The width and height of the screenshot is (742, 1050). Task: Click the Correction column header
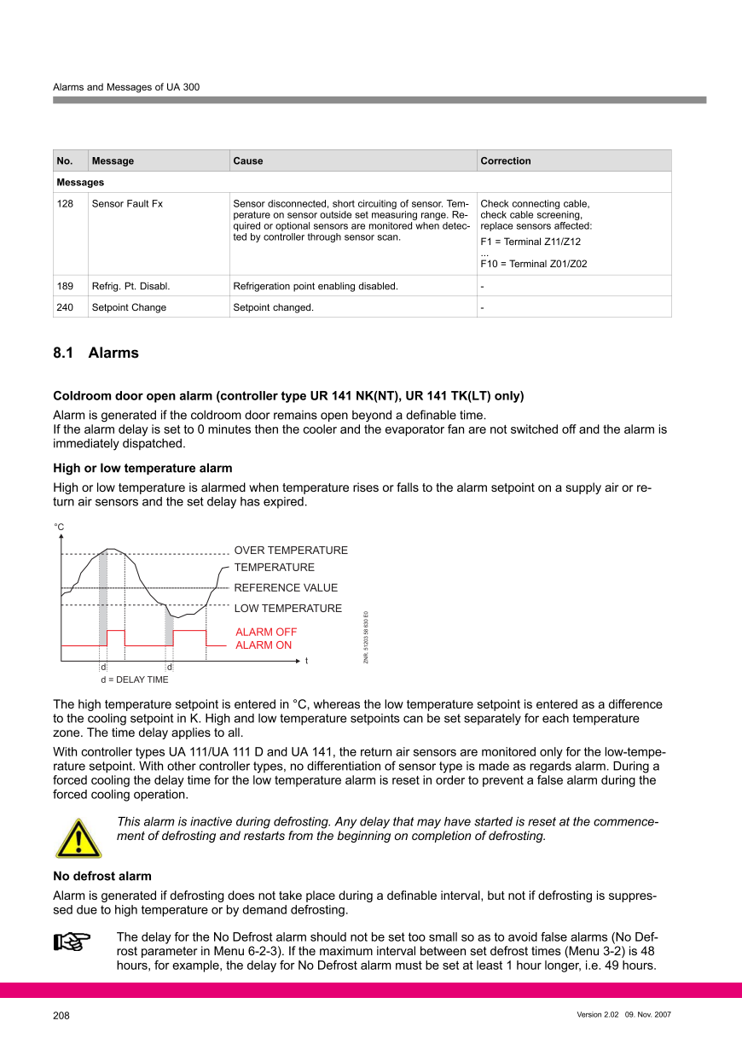tap(506, 160)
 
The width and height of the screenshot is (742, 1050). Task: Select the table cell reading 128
tap(65, 204)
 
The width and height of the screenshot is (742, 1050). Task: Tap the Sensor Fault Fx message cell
tap(127, 204)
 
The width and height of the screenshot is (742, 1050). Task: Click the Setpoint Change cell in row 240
tap(129, 307)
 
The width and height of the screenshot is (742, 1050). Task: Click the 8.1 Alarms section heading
tap(96, 353)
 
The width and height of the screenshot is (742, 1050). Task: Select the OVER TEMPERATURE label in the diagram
tap(291, 551)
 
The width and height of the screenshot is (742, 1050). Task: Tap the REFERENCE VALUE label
tap(286, 588)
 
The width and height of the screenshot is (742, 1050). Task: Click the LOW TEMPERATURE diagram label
tap(287, 609)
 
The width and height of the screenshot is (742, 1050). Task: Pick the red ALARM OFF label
tap(266, 633)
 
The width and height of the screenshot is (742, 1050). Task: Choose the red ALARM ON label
tap(264, 645)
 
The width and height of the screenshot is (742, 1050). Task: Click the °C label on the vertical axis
tap(60, 528)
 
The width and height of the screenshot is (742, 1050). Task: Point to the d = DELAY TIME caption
tap(135, 680)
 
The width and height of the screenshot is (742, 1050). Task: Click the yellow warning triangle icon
tap(78, 837)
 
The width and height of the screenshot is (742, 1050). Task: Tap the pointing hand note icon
tap(72, 942)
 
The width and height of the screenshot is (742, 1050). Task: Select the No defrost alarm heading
tap(102, 876)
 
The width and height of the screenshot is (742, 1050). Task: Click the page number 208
tap(61, 1016)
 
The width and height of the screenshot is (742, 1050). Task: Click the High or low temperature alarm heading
tap(142, 468)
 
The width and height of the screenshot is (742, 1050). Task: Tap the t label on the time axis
tap(306, 662)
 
